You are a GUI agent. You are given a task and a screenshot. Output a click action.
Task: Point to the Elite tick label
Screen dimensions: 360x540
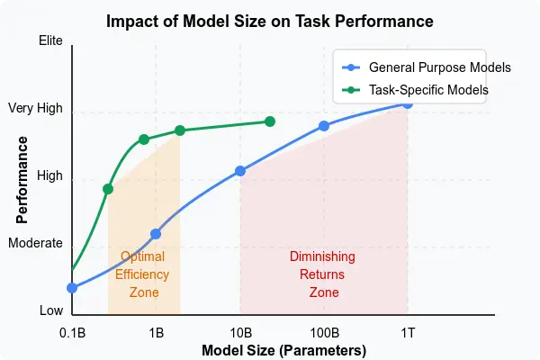(50, 40)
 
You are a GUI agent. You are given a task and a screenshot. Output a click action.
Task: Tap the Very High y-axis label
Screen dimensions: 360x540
(35, 109)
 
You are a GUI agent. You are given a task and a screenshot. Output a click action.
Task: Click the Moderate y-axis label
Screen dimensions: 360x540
(35, 243)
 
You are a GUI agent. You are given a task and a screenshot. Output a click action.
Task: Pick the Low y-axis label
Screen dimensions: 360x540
(51, 310)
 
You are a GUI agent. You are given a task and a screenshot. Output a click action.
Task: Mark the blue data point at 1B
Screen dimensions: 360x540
(156, 234)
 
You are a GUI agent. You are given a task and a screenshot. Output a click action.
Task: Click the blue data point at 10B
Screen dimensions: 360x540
(239, 171)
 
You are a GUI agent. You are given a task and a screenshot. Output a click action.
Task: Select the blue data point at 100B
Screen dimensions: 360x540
(324, 126)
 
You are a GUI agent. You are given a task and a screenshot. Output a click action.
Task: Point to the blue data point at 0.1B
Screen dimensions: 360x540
(72, 288)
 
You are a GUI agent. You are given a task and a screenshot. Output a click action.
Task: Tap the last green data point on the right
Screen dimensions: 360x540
(269, 121)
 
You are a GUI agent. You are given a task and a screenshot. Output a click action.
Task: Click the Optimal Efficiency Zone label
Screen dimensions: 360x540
(142, 274)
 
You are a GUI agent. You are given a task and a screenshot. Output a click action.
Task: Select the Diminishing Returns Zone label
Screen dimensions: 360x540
(322, 274)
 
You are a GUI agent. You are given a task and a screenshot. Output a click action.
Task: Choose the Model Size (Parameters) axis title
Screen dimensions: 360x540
(283, 350)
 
